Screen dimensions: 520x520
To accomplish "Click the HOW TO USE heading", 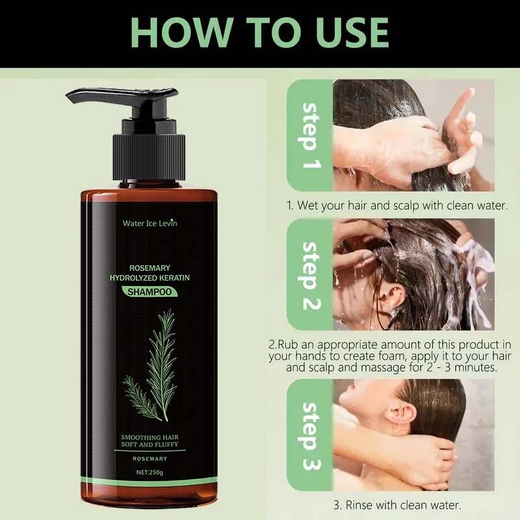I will tap(260, 33).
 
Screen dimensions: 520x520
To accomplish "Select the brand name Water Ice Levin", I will tap(149, 223).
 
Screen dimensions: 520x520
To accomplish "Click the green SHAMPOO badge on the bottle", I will tap(149, 292).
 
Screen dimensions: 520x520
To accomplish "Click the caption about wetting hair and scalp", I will tap(396, 205).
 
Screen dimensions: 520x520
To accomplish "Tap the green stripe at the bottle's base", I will tap(149, 482).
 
